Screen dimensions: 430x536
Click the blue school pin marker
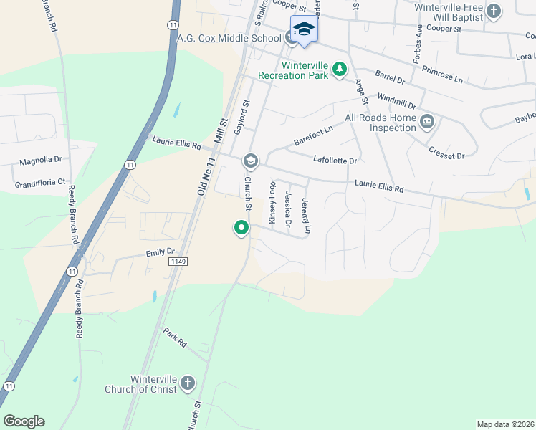304,29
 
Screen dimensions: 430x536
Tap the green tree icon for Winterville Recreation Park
340,69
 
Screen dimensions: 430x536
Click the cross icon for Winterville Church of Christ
188,383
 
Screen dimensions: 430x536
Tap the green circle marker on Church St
241,228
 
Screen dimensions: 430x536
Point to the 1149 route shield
179,262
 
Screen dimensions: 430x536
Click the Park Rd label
174,338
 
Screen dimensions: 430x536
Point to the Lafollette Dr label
335,161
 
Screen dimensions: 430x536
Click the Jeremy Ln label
307,216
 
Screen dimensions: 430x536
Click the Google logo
24,421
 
